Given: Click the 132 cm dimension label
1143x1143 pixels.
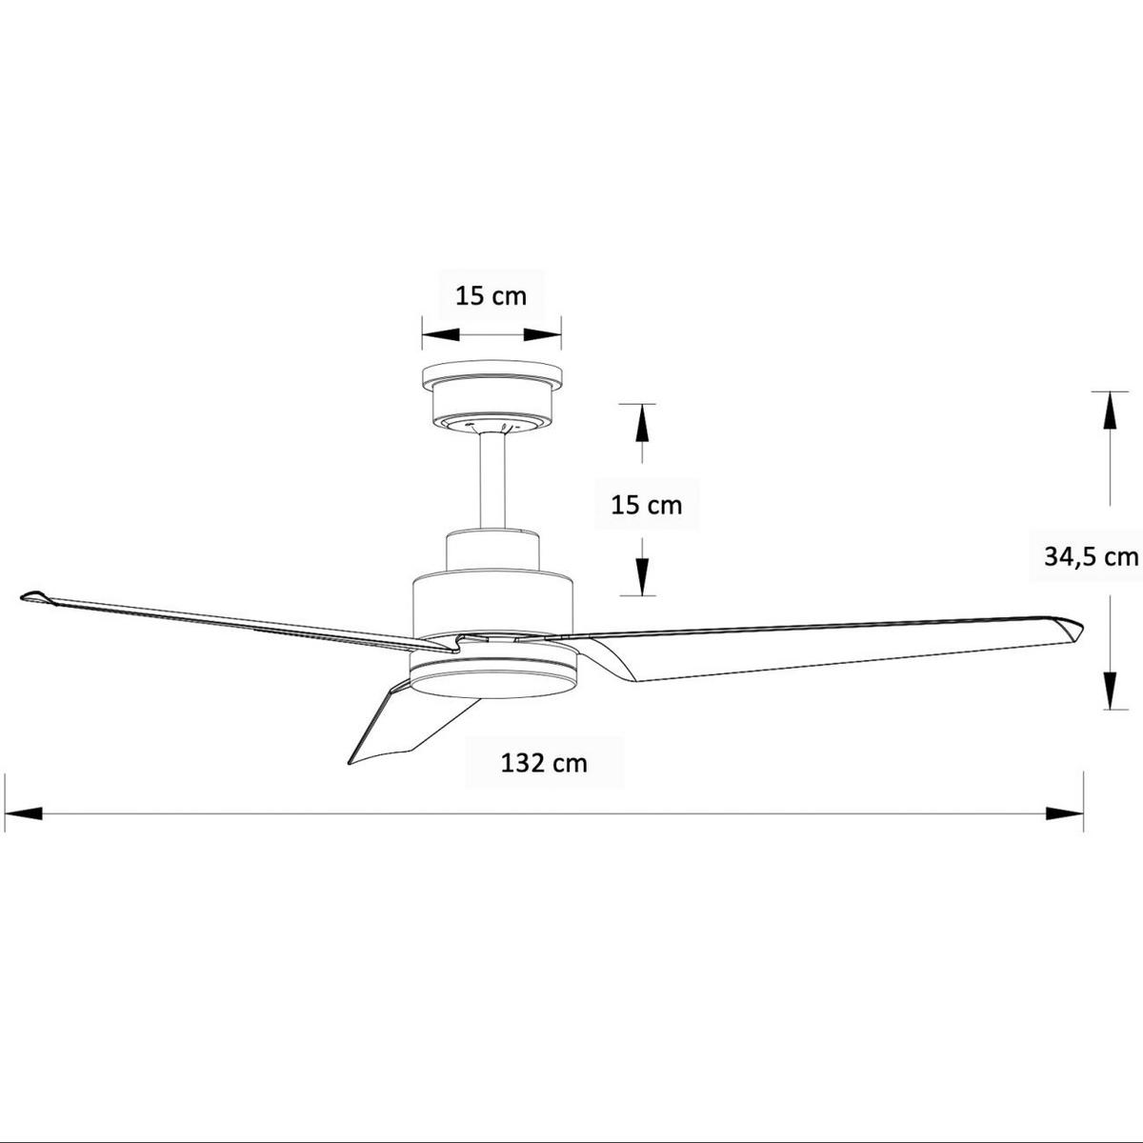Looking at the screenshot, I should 544,763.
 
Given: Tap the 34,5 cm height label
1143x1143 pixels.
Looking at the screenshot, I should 1091,556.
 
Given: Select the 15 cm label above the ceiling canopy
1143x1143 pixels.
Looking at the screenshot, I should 491,295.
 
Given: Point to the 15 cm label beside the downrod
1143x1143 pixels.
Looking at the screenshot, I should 646,504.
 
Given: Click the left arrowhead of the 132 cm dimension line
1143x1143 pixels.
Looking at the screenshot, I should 23,814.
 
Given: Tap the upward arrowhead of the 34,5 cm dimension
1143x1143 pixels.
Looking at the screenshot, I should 1108,412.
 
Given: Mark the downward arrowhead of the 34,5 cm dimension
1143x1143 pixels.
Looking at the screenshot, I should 1108,690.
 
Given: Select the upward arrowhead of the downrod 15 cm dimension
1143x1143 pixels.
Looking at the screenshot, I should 642,423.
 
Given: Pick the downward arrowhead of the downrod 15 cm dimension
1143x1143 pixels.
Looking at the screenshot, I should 642,575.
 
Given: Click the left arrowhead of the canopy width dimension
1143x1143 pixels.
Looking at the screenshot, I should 441,334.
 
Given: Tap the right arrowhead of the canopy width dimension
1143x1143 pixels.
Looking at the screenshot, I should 542,334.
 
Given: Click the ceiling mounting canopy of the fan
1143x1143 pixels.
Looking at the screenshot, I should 491,395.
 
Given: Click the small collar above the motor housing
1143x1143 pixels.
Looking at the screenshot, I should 492,551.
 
